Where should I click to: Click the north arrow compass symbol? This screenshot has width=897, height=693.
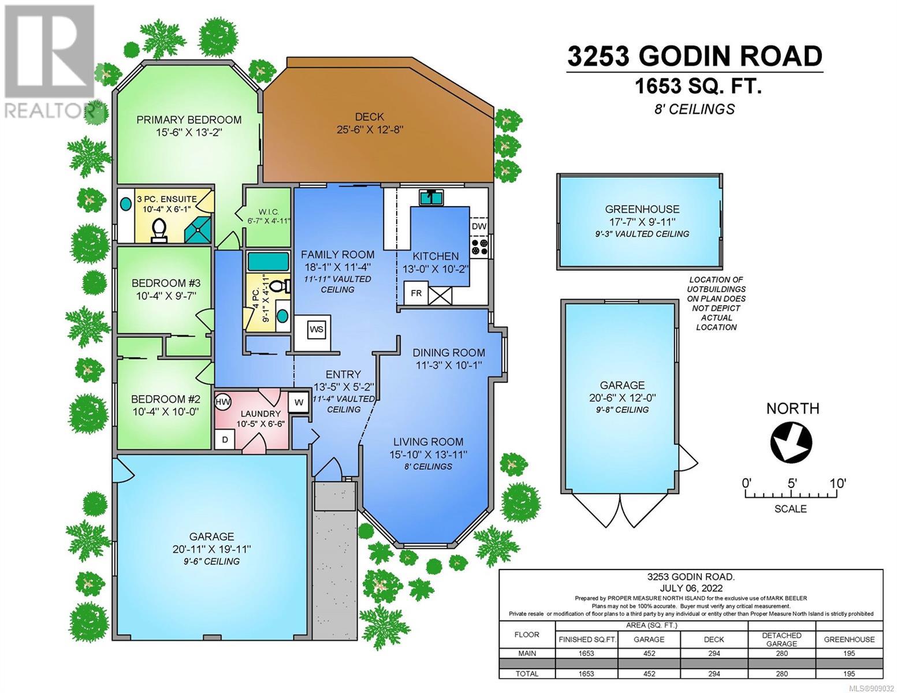point(791,442)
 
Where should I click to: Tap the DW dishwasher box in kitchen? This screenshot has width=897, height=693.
point(478,226)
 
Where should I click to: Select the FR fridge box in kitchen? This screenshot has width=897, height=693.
point(416,293)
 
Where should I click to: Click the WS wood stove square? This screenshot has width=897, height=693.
point(317,330)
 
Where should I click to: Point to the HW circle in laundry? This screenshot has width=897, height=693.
point(223,402)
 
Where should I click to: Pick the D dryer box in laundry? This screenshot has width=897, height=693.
point(225,439)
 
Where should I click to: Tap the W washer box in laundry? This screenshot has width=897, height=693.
point(299,403)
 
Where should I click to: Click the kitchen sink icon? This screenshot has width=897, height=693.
point(431,198)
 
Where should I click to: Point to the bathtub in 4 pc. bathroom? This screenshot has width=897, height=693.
point(268,262)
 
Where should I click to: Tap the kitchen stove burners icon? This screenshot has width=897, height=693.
point(479,247)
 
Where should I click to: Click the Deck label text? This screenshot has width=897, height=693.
point(369,117)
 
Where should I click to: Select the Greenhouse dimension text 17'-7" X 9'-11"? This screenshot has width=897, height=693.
point(642,221)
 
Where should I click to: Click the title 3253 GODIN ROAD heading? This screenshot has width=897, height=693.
point(695,57)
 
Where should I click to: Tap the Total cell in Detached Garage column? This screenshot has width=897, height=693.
point(781,673)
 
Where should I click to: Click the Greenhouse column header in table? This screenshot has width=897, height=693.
point(849,639)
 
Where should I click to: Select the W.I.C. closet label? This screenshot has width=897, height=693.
point(269,212)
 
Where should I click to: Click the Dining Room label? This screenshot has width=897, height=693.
point(449,352)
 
